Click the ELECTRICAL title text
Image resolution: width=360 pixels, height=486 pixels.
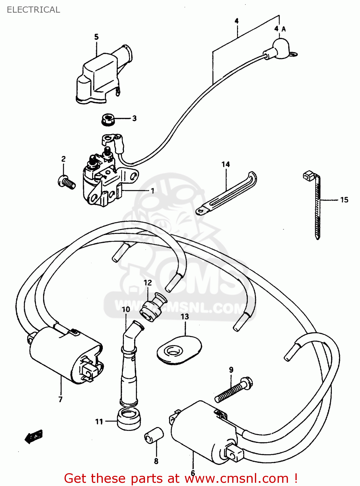pyautogui.click(x=33, y=10)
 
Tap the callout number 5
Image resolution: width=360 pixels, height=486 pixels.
pyautogui.click(x=96, y=37)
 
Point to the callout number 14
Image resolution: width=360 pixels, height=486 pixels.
pyautogui.click(x=226, y=164)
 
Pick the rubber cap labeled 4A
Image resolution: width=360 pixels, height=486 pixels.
pyautogui.click(x=281, y=49)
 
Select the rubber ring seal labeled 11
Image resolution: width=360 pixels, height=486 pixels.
pyautogui.click(x=129, y=419)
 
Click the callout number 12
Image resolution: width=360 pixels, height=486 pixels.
pyautogui.click(x=148, y=283)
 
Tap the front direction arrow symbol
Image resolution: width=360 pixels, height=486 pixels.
pyautogui.click(x=34, y=437)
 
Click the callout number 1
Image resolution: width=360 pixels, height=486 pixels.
pyautogui.click(x=152, y=191)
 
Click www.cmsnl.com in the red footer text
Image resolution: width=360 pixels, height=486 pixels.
pyautogui.click(x=237, y=478)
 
